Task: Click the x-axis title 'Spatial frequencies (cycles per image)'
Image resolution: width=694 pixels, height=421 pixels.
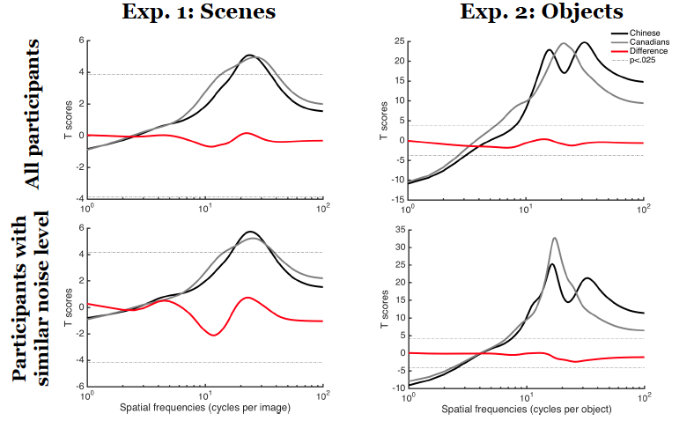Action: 204,410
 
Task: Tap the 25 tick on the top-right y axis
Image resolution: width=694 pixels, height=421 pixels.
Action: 398,41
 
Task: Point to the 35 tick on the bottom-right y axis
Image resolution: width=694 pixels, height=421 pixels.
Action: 398,229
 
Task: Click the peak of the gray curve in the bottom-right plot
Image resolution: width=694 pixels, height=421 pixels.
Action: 554,238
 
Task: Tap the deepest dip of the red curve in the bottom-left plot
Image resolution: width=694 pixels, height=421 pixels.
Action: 214,335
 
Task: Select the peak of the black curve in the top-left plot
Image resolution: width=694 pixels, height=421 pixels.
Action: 250,55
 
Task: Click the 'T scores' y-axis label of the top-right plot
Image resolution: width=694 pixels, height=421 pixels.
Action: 383,120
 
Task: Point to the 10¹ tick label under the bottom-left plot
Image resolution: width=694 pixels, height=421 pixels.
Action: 205,395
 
